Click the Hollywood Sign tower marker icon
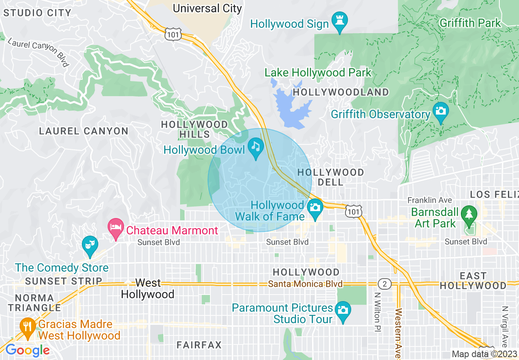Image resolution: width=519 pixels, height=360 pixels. [339, 20]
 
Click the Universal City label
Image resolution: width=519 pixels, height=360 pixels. [207, 8]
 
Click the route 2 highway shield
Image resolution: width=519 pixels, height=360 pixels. [384, 283]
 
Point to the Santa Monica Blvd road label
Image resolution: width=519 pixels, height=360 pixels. [305, 284]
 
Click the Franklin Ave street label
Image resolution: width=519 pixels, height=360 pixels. [429, 200]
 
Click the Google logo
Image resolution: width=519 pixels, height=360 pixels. [27, 351]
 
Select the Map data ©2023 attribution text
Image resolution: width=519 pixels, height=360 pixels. [485, 354]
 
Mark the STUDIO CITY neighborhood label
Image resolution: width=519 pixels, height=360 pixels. [37, 13]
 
